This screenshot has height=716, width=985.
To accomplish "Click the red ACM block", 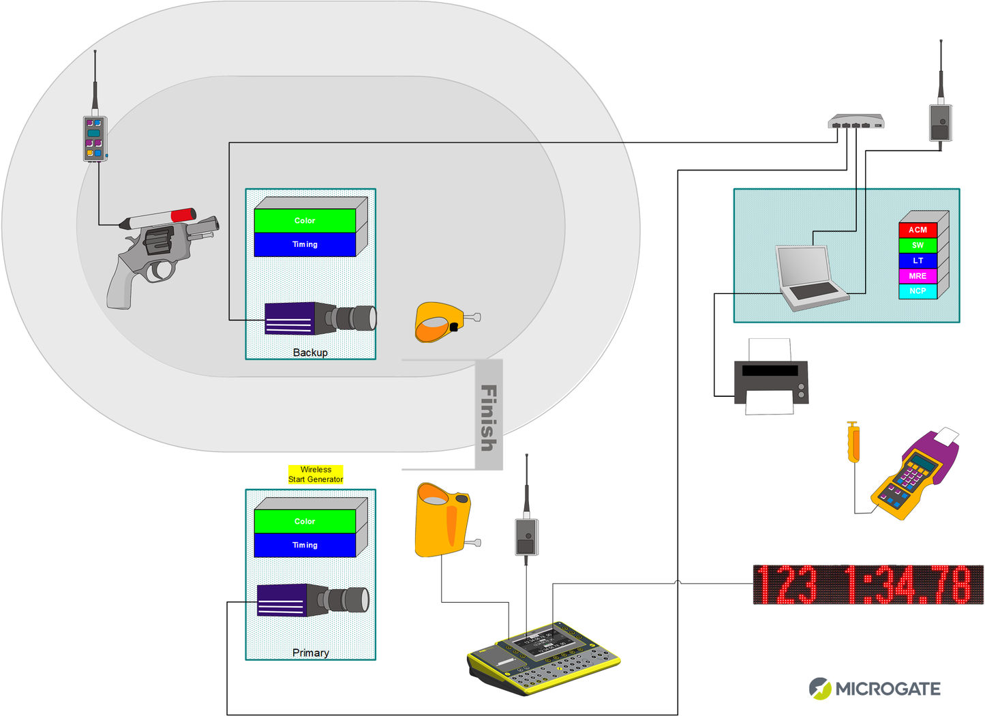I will point(918,230).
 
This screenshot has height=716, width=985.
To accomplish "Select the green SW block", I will point(918,245).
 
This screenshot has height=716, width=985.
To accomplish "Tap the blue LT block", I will point(918,260).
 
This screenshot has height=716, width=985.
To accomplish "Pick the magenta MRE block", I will point(918,276).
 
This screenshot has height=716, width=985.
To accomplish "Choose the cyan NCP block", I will point(918,291).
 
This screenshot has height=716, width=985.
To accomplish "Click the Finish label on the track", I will point(489,417).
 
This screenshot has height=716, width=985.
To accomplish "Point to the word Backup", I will point(310,353).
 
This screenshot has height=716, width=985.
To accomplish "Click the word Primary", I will point(310,653).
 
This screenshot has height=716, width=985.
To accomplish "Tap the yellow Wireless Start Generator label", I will point(316,475).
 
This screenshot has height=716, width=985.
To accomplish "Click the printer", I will point(771,378).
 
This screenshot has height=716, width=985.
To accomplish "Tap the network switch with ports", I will point(855,122).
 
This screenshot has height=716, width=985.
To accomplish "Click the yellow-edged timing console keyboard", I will point(544,659).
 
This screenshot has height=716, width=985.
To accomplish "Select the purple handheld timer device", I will point(913,474).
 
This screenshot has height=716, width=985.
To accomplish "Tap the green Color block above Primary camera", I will point(305,522).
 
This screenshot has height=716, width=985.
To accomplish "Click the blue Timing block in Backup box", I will point(305,245).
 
